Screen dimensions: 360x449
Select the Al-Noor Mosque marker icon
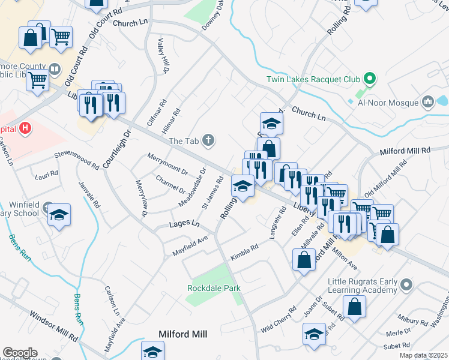pyautogui.click(x=428, y=102)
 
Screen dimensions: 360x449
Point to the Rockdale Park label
pyautogui.click(x=214, y=289)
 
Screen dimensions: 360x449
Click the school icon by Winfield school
pyautogui.click(x=59, y=214)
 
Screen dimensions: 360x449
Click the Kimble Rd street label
pyautogui.click(x=244, y=252)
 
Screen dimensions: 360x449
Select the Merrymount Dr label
pyautogui.click(x=168, y=165)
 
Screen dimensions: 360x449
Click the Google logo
pyautogui.click(x=20, y=353)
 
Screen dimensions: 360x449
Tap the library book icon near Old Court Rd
pyautogui.click(x=55, y=70)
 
